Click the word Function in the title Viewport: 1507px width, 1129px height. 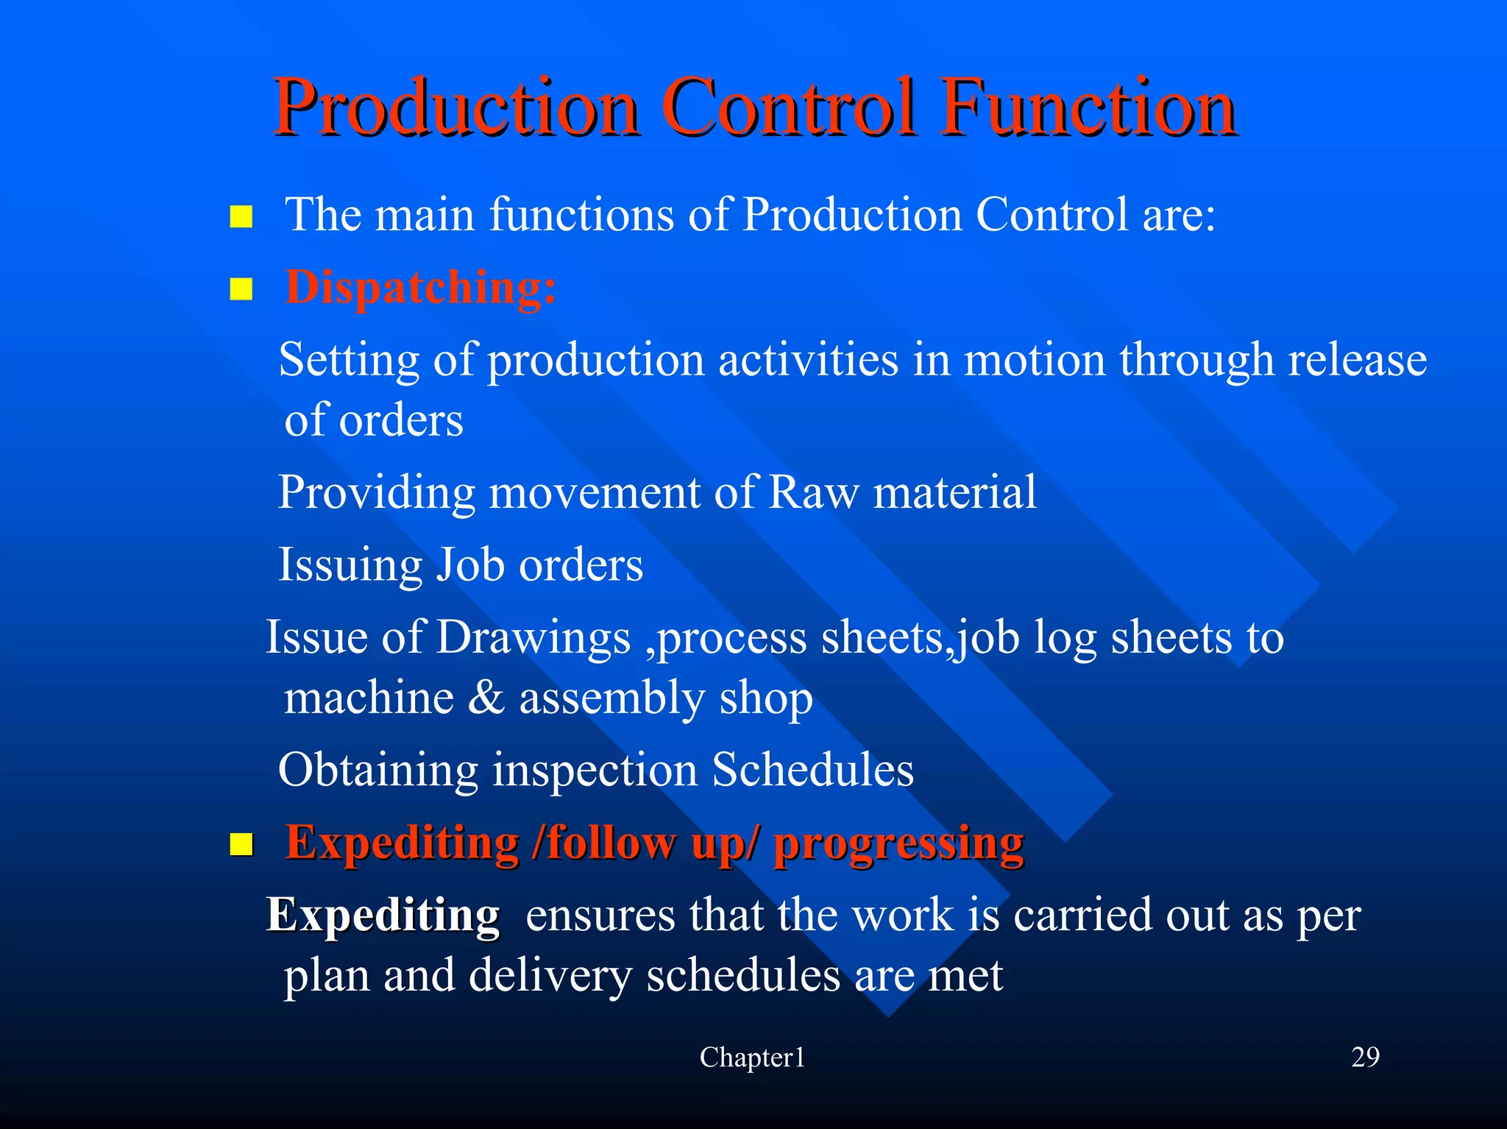1089,108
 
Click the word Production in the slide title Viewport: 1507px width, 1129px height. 456,108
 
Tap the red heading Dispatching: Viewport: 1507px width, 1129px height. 420,287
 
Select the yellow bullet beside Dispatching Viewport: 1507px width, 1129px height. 241,289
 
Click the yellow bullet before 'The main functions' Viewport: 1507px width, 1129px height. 241,217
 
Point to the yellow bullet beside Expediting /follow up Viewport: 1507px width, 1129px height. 241,845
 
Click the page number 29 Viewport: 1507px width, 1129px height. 1365,1057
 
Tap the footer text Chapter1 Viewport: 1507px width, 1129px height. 752,1058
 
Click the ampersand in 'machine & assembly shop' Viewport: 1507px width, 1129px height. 486,698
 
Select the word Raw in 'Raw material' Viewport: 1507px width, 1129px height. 813,492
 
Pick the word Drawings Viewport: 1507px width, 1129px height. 533,637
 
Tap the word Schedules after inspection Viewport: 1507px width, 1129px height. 812,770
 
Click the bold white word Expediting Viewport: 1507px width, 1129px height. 383,915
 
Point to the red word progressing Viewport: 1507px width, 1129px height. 898,843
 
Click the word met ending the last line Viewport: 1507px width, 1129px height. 965,975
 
